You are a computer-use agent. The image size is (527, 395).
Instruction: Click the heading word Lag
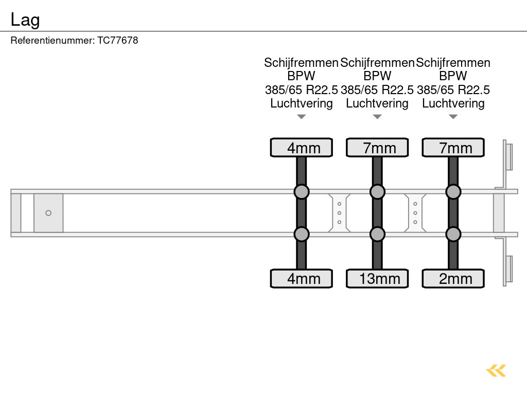25,20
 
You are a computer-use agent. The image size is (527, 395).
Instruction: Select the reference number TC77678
118,40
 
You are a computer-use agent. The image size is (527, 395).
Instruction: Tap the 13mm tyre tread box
377,279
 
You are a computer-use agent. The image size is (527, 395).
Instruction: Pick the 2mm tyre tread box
453,279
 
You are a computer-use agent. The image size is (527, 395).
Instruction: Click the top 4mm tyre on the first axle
302,148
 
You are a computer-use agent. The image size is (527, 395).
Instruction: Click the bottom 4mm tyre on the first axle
302,279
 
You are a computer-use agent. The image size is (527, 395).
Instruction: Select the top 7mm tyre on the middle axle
377,148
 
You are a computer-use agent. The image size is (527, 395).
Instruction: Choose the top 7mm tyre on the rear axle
453,148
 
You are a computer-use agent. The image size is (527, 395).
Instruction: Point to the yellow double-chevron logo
496,370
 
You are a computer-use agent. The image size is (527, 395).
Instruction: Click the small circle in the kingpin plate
48,213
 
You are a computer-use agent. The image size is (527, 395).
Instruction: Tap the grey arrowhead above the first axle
302,117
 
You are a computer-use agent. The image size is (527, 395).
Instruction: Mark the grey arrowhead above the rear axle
453,117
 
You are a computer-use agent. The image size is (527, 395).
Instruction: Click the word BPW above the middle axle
377,76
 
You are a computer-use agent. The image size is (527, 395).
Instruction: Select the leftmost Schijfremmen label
302,63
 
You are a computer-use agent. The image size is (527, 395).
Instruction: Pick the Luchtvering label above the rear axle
453,103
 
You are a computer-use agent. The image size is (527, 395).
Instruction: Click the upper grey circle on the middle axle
377,192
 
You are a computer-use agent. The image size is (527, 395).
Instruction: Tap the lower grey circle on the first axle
302,235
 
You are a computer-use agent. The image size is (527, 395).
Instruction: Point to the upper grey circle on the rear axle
453,192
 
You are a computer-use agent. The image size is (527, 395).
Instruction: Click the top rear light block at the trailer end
509,156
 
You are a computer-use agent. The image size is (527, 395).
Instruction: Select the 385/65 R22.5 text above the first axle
302,90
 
